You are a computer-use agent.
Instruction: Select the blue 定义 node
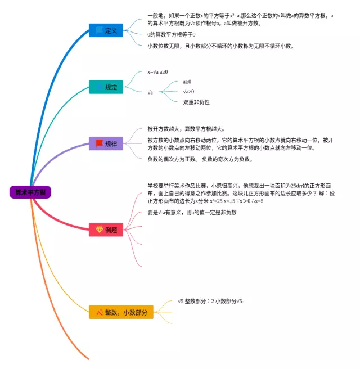click(x=106, y=30)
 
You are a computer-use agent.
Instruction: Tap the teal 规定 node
click(x=106, y=87)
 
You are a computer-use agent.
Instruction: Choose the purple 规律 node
click(x=106, y=143)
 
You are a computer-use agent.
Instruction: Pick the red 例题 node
click(x=106, y=229)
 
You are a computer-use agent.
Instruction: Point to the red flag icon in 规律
click(x=99, y=143)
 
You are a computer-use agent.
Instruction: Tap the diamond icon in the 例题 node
click(x=99, y=229)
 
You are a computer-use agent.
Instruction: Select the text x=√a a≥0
click(x=157, y=72)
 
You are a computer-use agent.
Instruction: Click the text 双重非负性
click(x=196, y=102)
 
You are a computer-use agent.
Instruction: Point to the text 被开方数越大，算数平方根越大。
click(x=186, y=128)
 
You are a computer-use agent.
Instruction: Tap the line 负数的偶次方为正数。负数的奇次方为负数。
click(x=200, y=159)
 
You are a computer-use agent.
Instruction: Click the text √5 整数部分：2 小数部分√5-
click(x=210, y=301)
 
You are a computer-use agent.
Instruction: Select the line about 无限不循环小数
click(x=220, y=46)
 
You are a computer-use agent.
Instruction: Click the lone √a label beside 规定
click(x=150, y=92)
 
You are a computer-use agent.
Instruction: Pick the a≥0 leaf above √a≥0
click(x=187, y=82)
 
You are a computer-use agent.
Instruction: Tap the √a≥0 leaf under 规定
click(x=188, y=92)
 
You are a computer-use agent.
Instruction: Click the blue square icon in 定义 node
click(x=99, y=30)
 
